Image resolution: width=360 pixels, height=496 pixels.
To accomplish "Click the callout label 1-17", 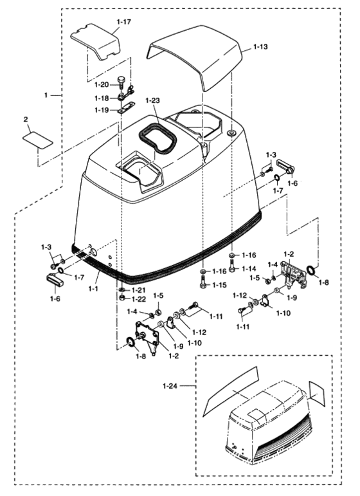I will coord(123,22).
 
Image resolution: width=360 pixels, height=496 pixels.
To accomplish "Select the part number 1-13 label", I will coord(262,47).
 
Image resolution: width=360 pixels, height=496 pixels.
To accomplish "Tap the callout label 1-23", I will coord(152,100).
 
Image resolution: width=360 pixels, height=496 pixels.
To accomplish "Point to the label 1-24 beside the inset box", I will coord(170,387).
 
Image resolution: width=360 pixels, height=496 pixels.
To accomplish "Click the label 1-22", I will coord(138,299).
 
